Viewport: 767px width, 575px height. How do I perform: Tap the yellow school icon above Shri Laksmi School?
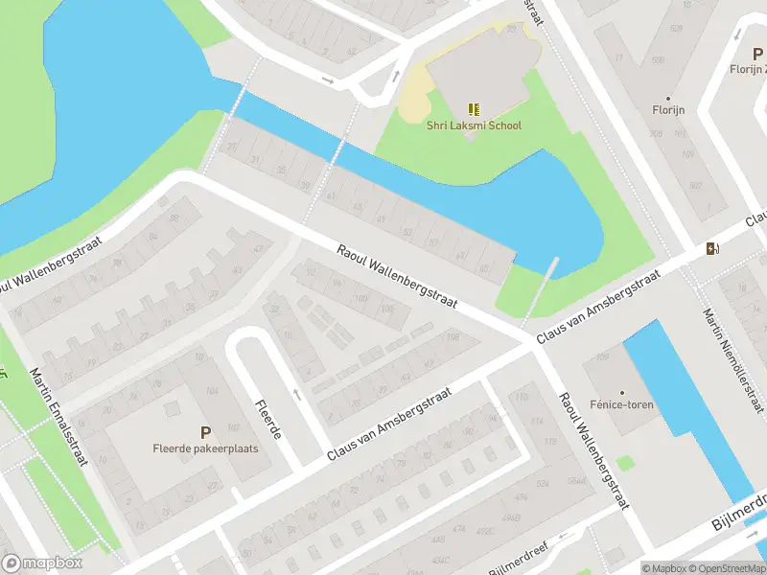[472, 108]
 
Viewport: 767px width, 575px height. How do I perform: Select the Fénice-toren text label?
[621, 405]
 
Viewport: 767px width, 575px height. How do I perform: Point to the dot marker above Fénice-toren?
[621, 392]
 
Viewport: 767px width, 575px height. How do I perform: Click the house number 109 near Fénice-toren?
[602, 358]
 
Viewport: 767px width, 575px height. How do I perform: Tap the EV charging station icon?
[711, 249]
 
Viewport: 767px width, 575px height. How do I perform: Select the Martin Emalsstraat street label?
[58, 417]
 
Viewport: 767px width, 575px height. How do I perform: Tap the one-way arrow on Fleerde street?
[295, 394]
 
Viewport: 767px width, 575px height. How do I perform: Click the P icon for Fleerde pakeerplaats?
[205, 433]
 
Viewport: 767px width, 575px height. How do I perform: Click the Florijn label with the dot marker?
[668, 110]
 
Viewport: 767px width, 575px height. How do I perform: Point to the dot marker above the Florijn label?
[668, 98]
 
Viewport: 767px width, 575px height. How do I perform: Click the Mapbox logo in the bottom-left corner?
[42, 563]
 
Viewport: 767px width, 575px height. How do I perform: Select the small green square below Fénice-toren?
[626, 463]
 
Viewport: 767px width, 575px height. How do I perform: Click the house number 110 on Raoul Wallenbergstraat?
[522, 396]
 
